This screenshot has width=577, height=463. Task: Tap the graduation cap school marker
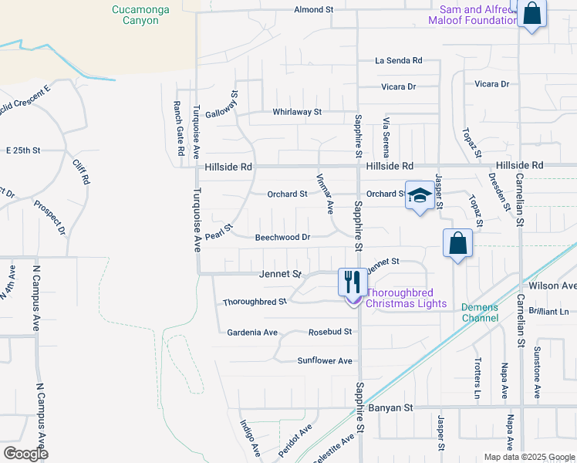(419, 196)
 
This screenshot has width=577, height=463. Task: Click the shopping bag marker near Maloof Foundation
(532, 13)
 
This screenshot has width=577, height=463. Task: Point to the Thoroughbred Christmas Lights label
(406, 298)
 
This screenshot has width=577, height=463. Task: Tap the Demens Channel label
(480, 312)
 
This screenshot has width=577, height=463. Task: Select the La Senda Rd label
(399, 60)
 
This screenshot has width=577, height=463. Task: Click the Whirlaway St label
(296, 112)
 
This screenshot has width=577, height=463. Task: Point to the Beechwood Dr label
(282, 238)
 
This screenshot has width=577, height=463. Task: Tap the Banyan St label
(392, 407)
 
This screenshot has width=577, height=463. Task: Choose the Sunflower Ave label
(325, 360)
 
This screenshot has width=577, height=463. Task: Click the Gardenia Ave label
(252, 333)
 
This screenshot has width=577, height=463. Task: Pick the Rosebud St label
(330, 332)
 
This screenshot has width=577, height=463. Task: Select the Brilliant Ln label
(548, 311)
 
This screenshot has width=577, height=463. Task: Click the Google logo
(25, 454)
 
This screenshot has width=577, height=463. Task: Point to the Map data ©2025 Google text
(528, 457)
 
